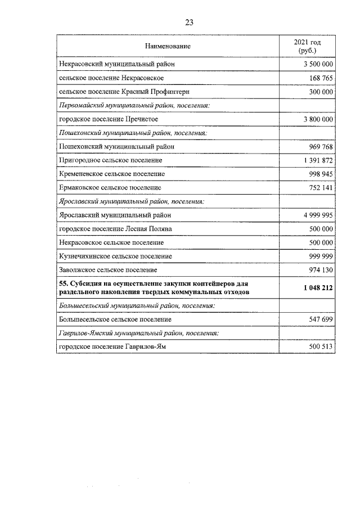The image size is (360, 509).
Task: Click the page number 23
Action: coord(189,22)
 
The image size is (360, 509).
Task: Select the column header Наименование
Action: coord(168,46)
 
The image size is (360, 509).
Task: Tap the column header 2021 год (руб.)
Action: coord(308,46)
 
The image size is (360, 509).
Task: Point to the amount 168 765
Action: coord(321,78)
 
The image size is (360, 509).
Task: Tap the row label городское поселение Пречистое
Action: coord(108,119)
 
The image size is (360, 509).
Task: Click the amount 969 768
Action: coord(321,146)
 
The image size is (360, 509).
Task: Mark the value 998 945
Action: coord(321,174)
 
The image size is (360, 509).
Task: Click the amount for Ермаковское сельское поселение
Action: coord(321,187)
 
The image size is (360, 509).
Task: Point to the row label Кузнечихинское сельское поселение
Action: coord(115,256)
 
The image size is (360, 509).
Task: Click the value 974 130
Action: coord(321,269)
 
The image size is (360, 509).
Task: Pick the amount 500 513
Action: coord(321,347)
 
